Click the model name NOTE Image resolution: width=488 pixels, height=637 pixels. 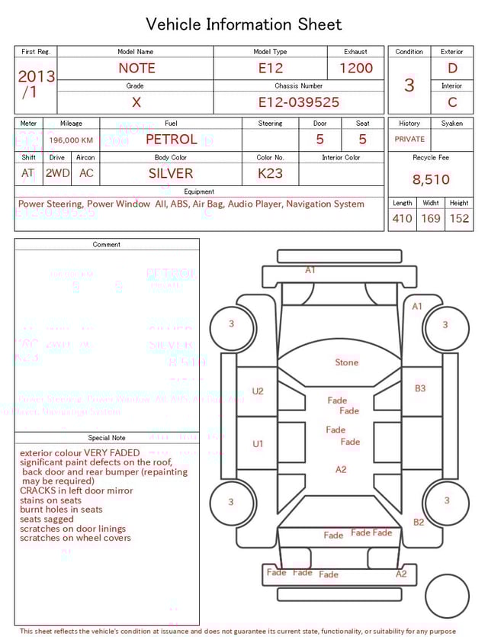point(136,68)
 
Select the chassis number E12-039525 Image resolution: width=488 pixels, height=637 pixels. point(298,102)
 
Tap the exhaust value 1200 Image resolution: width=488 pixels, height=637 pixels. point(356,68)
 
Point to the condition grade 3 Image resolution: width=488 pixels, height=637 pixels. point(409,85)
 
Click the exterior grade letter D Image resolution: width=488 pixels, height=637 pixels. point(452,68)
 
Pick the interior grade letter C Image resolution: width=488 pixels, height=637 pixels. point(452,101)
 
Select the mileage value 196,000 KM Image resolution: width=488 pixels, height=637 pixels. point(71,140)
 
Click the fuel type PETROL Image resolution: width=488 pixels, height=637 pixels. point(171,140)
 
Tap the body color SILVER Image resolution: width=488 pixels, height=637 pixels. point(171,173)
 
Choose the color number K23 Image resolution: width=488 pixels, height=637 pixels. point(270,173)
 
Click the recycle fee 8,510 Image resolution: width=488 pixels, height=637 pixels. point(431,180)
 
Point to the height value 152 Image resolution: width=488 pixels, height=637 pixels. point(459,218)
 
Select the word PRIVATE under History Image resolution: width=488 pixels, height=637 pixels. point(409,140)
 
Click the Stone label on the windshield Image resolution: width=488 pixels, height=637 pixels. point(346,362)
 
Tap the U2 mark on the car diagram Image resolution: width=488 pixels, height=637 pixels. point(258,391)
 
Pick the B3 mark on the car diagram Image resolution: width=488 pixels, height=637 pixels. point(420,388)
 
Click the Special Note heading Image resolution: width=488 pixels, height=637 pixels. point(107,438)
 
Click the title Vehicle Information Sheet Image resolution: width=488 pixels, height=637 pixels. point(244,24)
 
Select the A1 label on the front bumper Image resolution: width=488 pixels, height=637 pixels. point(310,270)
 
